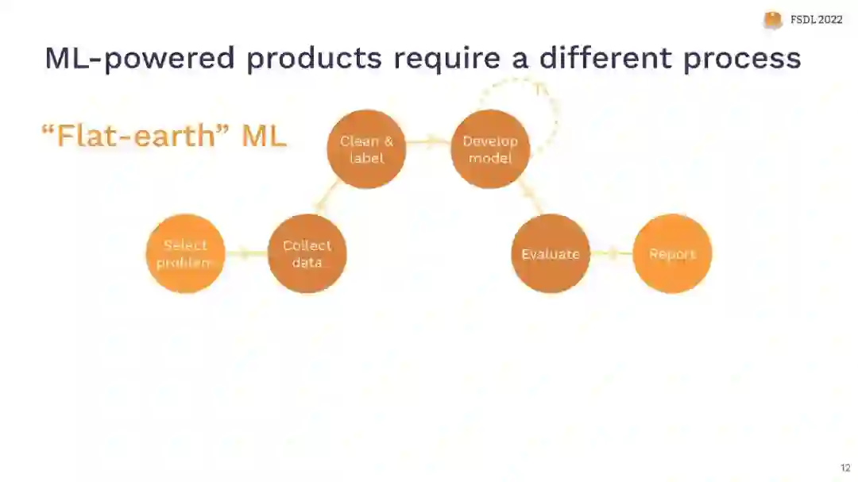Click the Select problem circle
point(186,253)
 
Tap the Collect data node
point(307,253)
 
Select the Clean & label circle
point(366,149)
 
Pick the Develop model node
point(490,149)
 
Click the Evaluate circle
point(550,253)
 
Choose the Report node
point(672,253)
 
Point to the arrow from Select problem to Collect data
point(246,253)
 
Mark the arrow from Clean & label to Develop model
point(428,142)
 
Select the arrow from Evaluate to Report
point(611,253)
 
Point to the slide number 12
point(845,468)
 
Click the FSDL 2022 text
point(816,20)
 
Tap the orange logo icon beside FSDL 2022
point(772,20)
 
